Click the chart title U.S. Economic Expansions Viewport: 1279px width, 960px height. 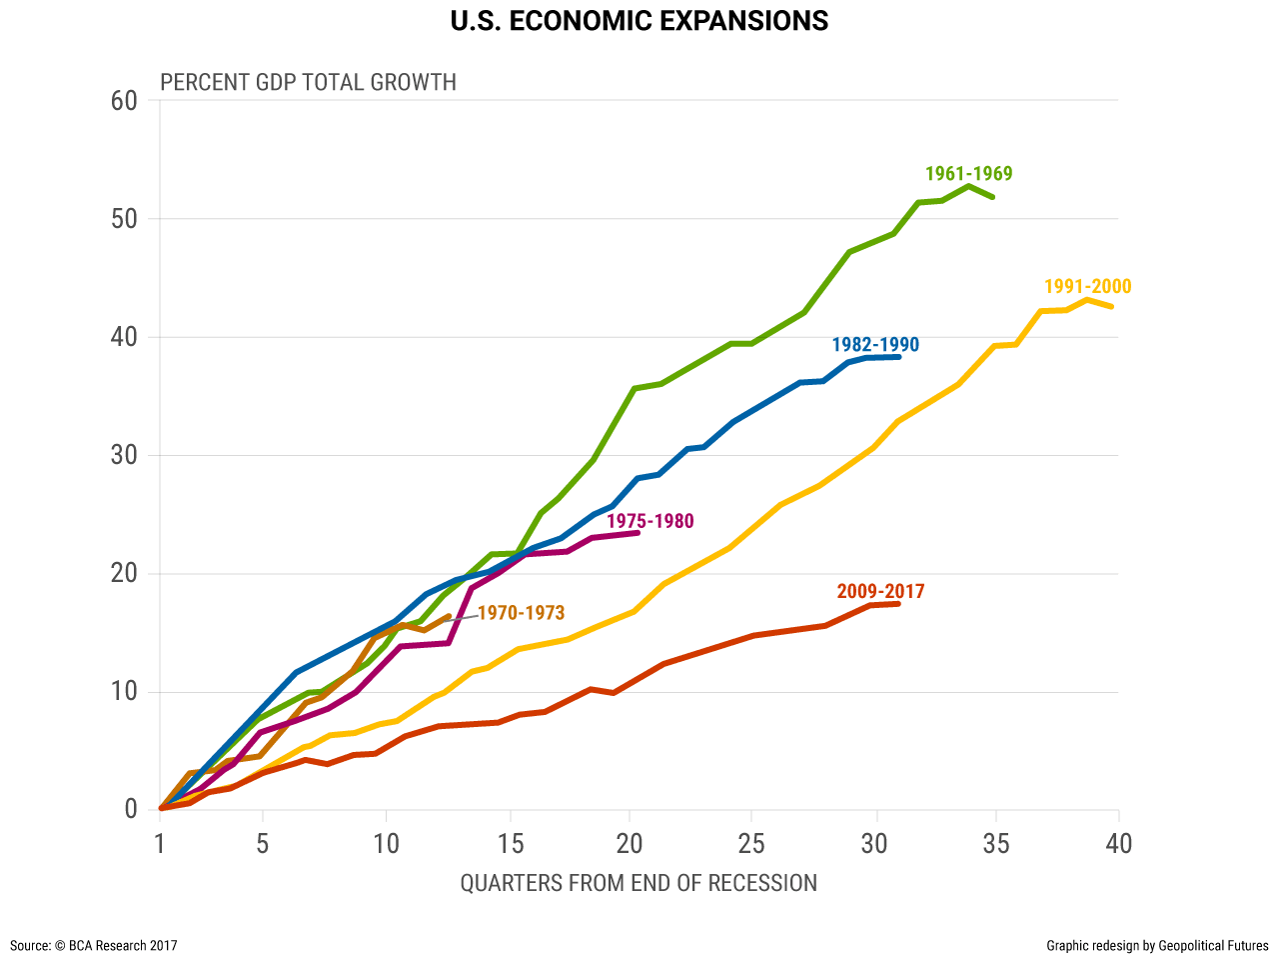pos(639,21)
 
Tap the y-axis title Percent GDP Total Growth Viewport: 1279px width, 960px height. pos(308,82)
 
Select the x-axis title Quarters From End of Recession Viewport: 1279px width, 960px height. pos(639,883)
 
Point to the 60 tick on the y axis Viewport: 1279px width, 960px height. pos(125,101)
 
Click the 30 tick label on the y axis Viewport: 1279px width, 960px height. pos(125,456)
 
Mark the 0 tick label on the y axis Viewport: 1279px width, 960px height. pos(131,810)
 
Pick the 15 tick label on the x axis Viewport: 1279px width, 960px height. pos(509,844)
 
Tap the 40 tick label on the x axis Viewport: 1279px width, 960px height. pos(1118,844)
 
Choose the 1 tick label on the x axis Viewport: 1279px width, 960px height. pos(160,844)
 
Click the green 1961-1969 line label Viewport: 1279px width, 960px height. pos(968,174)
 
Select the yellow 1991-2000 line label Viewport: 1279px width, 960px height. pos(1087,287)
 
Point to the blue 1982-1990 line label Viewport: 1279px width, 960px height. pos(875,345)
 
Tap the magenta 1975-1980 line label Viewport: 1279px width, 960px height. pos(649,521)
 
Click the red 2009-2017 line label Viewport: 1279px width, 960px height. pos(880,591)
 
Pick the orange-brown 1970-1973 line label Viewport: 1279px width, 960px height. pos(521,613)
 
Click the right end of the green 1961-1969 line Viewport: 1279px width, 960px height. pos(993,197)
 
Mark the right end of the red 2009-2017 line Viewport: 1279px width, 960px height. pos(899,603)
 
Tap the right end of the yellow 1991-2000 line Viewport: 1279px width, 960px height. pos(1112,306)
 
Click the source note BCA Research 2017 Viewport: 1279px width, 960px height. pos(94,945)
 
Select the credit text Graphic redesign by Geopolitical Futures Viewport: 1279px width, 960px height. pos(1157,945)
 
